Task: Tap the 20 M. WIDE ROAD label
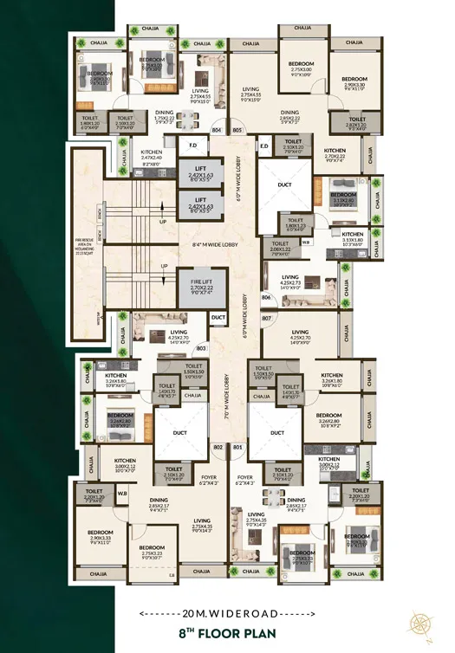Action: [x=227, y=613]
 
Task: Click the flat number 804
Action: [x=217, y=131]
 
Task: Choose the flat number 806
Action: [x=267, y=298]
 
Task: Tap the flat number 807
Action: [x=267, y=319]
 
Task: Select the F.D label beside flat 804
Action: [x=192, y=145]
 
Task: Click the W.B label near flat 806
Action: [x=306, y=242]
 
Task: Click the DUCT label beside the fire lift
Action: [x=218, y=318]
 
